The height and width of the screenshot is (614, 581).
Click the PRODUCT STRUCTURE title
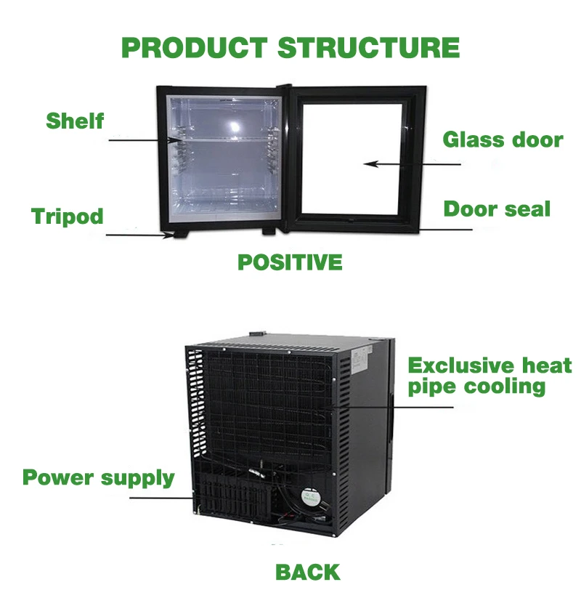tap(290, 48)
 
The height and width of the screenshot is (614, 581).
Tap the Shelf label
tap(75, 120)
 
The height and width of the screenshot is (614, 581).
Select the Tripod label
tap(68, 217)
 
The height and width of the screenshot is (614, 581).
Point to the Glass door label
tap(503, 140)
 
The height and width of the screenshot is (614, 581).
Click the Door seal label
tap(497, 209)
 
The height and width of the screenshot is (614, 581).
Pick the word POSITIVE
tap(290, 262)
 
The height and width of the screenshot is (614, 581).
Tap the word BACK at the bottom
tap(307, 572)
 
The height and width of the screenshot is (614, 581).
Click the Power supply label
tap(98, 478)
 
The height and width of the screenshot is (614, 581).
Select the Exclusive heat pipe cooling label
tap(489, 375)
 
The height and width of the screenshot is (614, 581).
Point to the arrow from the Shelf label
tap(145, 140)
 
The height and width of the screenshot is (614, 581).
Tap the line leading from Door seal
tap(443, 229)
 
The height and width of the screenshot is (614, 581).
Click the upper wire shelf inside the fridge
tap(222, 137)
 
